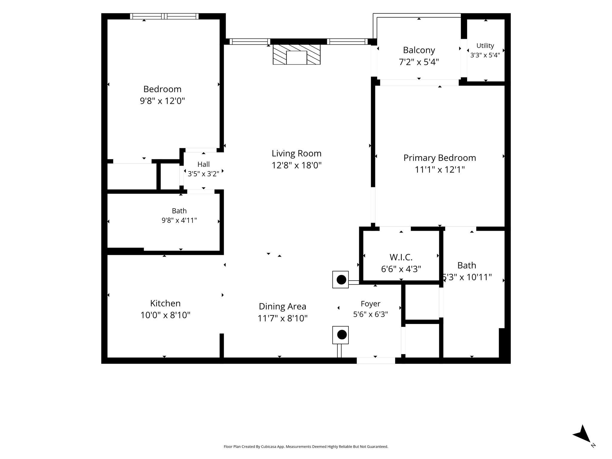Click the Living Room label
pos(296,154)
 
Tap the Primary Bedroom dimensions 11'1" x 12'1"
pos(440,170)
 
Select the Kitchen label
pos(165,303)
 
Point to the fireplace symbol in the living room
pos(296,54)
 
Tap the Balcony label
pos(419,50)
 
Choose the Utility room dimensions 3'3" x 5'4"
pos(485,55)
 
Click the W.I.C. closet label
pos(401,257)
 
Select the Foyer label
pos(371,304)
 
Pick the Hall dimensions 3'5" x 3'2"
pos(204,174)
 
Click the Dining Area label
pos(282,307)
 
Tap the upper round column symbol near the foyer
pos(341,280)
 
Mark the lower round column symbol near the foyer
pos(341,335)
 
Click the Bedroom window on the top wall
pos(164,16)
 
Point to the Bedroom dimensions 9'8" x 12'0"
pos(162,101)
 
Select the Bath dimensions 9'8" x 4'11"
pos(179,221)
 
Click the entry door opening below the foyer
pos(376,361)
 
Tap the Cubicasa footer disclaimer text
pos(306,447)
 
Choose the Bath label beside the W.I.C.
pos(467,265)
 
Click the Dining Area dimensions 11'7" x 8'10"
pos(282,319)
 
